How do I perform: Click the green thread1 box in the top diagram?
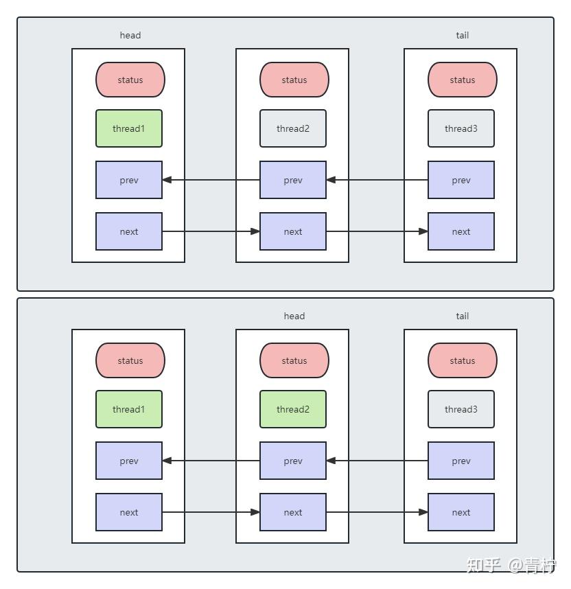[x=129, y=128]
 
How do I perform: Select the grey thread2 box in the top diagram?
[x=293, y=128]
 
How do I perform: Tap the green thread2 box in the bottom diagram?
[x=293, y=409]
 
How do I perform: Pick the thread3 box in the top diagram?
[x=461, y=128]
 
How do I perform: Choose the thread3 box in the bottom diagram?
[x=461, y=409]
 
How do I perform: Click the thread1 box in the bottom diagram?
[x=129, y=409]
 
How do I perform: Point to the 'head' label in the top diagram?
[x=130, y=35]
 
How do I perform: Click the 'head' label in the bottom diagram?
[x=294, y=316]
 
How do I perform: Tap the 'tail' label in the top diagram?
[x=463, y=35]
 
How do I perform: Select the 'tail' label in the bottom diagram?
[x=463, y=316]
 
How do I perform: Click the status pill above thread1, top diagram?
[x=130, y=80]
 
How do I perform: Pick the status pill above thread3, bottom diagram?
[x=463, y=360]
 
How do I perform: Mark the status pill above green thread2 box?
[x=294, y=360]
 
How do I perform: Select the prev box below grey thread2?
[x=293, y=180]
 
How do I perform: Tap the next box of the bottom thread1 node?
[x=129, y=512]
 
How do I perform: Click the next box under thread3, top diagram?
[x=461, y=231]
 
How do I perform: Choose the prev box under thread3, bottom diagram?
[x=461, y=461]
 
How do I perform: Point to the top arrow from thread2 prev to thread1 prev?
[x=211, y=180]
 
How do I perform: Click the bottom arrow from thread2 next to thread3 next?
[x=377, y=512]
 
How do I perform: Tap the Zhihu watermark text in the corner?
[x=511, y=566]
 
